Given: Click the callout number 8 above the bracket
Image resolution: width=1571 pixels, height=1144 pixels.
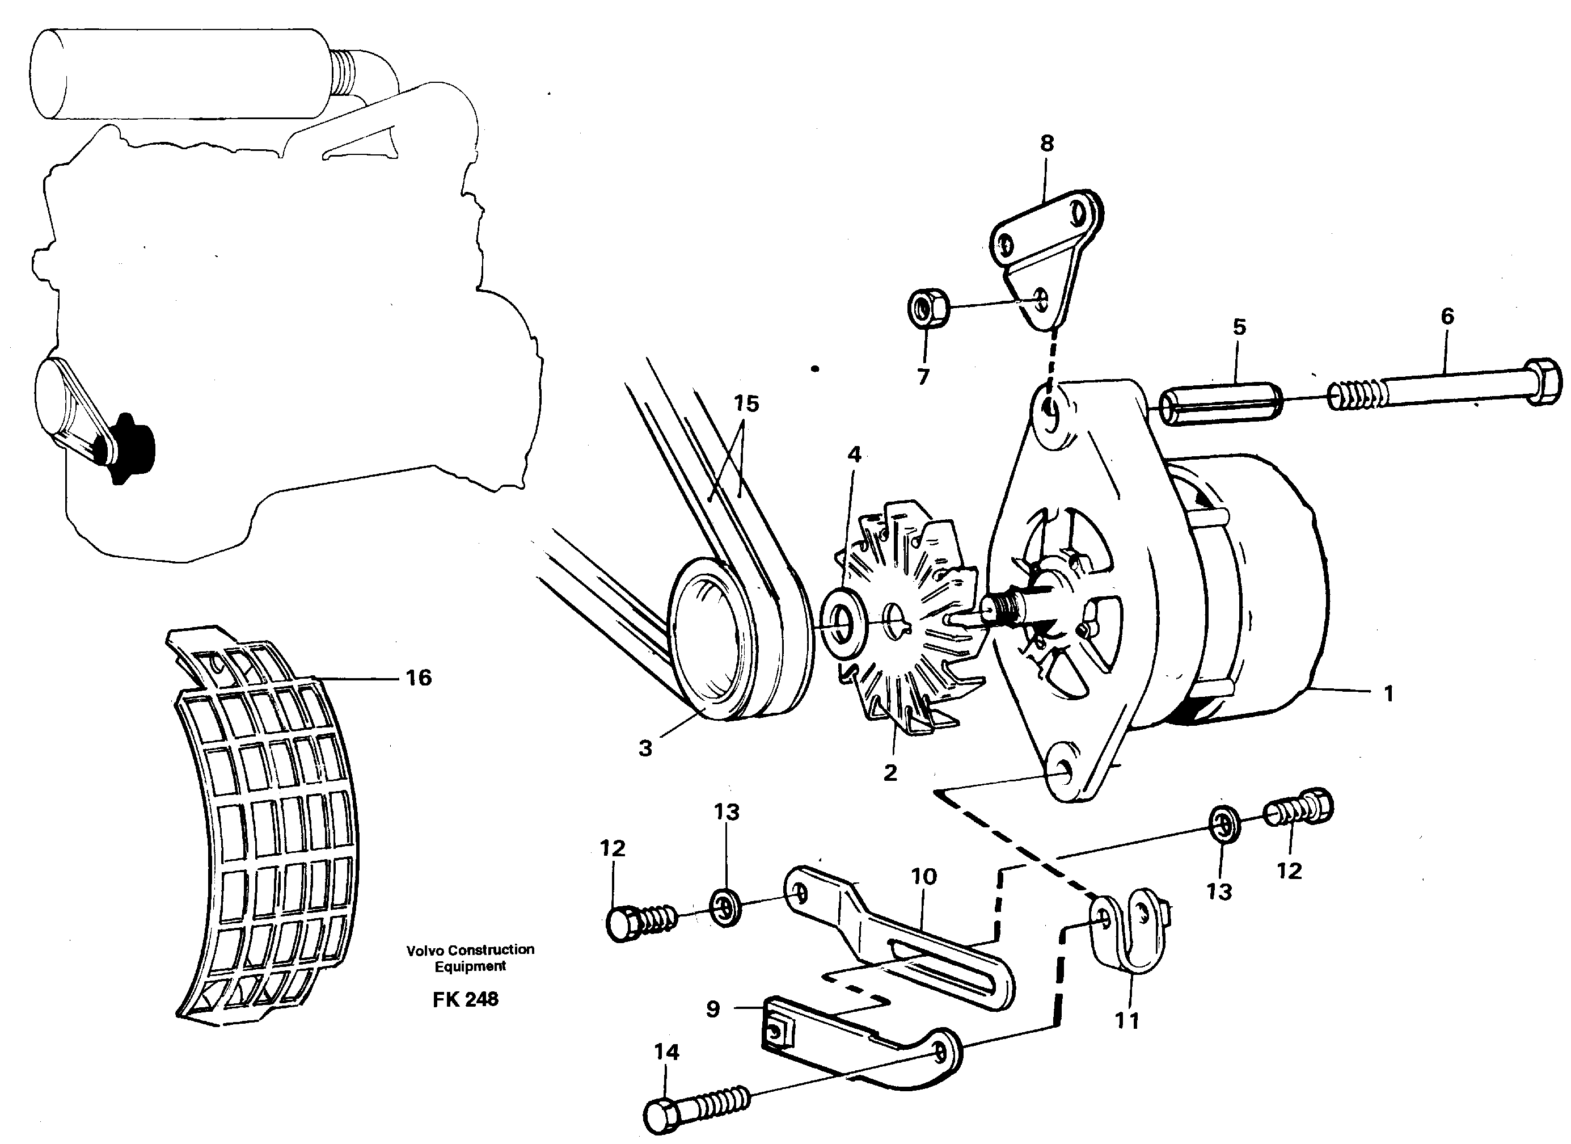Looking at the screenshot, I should point(1046,144).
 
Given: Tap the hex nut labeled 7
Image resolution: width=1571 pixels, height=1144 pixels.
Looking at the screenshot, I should point(928,309).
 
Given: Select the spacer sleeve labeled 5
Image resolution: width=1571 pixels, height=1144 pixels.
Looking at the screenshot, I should point(1221,403).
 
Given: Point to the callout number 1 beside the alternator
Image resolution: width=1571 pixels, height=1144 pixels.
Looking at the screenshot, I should point(1388,693).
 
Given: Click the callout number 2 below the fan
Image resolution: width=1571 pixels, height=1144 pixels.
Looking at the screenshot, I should point(890,772).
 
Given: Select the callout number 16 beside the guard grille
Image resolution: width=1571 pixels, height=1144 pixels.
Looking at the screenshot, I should point(419,677).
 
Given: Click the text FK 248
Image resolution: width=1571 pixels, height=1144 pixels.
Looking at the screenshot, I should point(466,999).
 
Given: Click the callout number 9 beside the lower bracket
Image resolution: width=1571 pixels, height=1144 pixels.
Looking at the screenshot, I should point(713,1009).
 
